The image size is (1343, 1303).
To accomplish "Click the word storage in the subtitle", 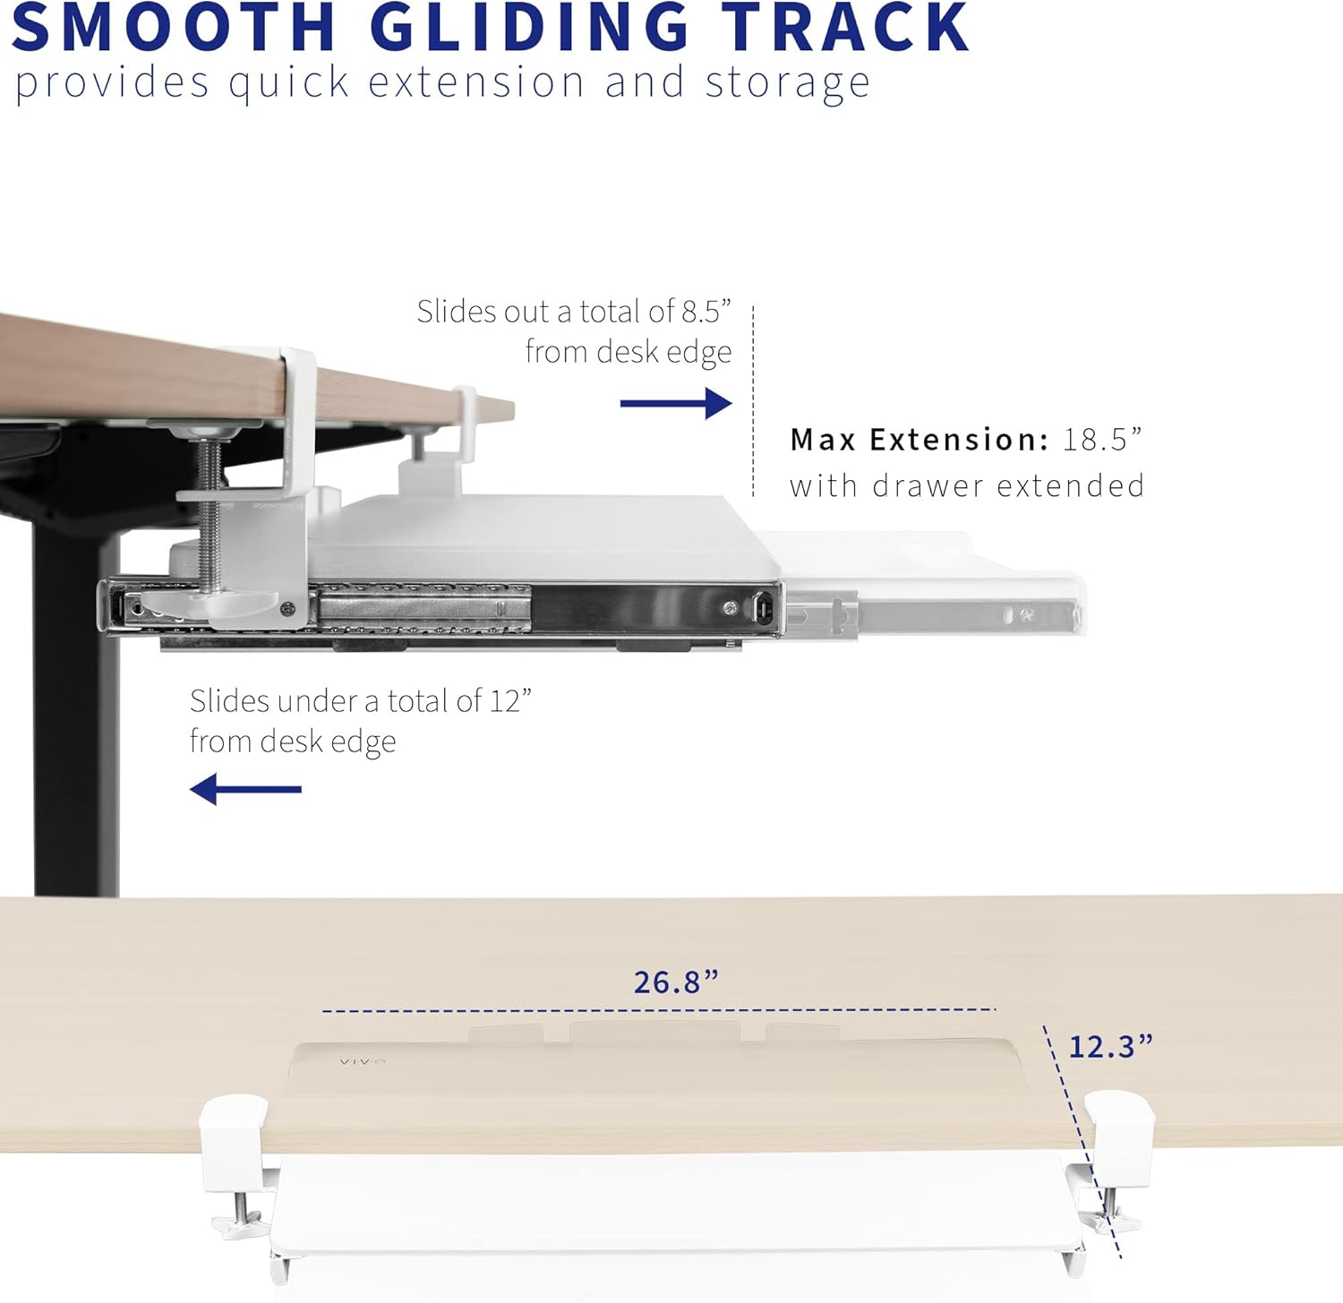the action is (787, 83).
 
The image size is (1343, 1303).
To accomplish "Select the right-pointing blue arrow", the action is (676, 403).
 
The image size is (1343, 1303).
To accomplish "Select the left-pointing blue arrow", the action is (245, 789).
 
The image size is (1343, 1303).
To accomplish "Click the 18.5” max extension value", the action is (1102, 440).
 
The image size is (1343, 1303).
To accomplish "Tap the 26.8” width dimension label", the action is (676, 982).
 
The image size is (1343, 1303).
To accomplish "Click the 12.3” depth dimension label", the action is (1111, 1046).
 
